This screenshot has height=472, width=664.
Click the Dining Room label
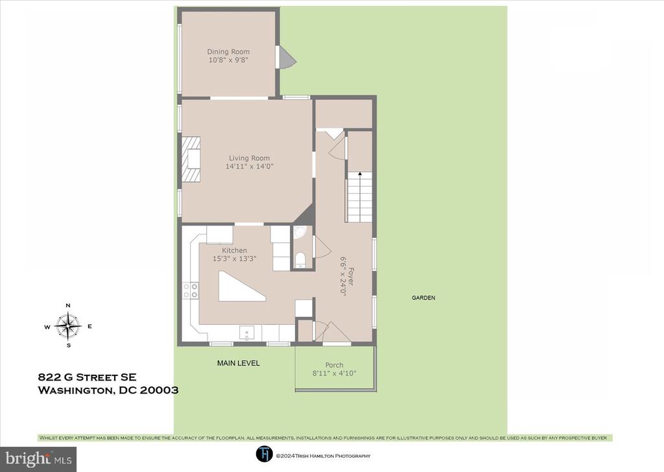[228, 52]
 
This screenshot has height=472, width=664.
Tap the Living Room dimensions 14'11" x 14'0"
[250, 167]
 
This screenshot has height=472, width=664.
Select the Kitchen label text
[234, 251]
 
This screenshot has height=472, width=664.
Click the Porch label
[334, 365]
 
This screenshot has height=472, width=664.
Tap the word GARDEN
[423, 298]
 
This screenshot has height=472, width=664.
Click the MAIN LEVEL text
[239, 363]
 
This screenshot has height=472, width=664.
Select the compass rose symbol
[67, 326]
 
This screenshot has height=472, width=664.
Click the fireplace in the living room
[191, 159]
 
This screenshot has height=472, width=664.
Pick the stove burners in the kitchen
[190, 290]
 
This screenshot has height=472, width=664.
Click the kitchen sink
[247, 333]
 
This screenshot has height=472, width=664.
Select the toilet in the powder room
[300, 259]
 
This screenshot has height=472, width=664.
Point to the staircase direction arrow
[360, 174]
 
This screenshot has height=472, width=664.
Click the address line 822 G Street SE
[88, 377]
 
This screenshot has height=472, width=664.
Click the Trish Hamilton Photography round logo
[265, 454]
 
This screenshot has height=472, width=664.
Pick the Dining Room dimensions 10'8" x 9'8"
[228, 60]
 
